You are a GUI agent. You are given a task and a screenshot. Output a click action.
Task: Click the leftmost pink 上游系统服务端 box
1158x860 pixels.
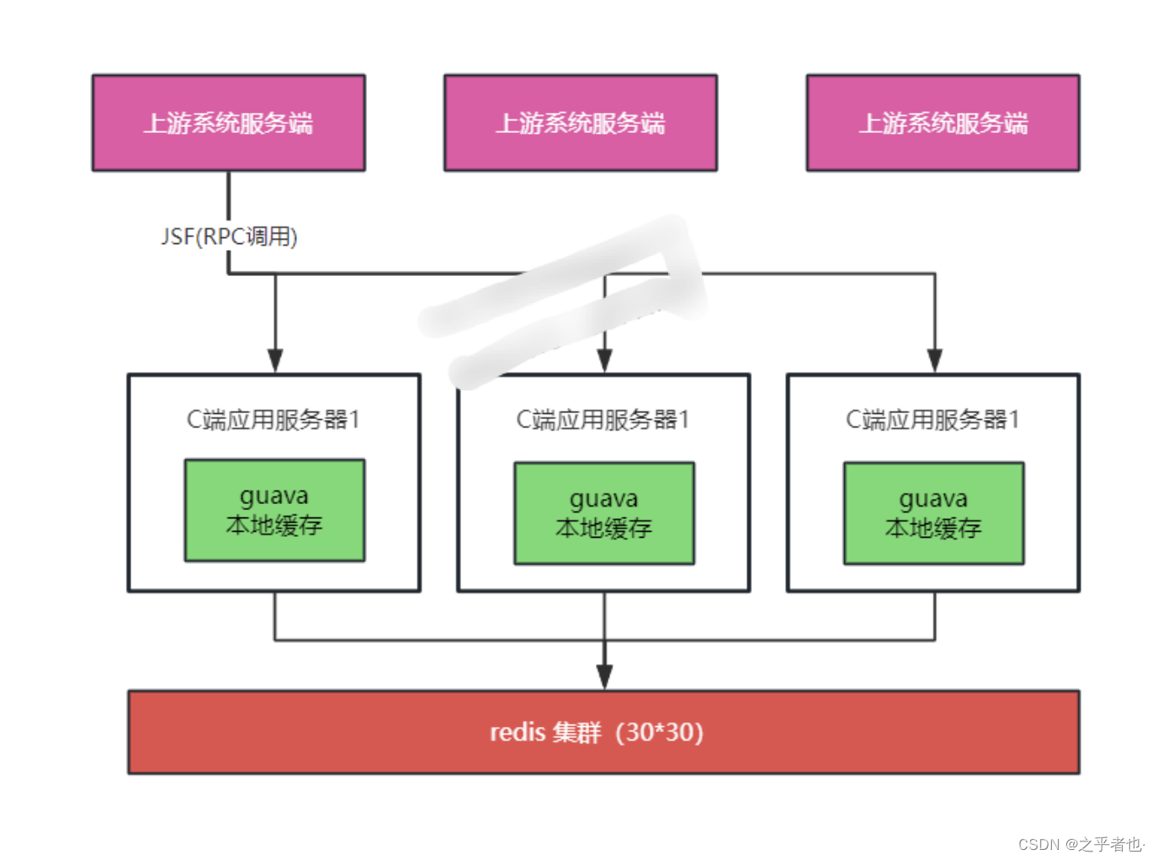click(228, 123)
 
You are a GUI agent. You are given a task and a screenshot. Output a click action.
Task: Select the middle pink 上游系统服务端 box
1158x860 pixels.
click(580, 123)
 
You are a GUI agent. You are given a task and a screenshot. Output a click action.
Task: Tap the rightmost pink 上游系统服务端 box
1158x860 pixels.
click(943, 123)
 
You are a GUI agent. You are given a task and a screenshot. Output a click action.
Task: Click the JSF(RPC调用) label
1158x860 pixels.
click(229, 236)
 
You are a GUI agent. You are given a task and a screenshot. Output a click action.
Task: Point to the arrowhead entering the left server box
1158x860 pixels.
click(275, 360)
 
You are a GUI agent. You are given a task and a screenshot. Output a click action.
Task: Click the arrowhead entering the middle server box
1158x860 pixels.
click(604, 360)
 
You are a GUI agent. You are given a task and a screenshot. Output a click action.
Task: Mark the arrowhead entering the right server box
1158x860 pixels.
click(934, 360)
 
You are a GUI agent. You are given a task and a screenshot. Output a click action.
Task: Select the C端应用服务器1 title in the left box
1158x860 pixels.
click(274, 419)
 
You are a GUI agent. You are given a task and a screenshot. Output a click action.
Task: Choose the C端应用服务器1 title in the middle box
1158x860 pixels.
click(603, 419)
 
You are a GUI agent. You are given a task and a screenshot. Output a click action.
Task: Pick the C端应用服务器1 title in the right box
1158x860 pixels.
click(932, 419)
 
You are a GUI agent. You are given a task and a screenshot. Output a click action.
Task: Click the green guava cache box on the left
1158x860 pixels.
click(274, 510)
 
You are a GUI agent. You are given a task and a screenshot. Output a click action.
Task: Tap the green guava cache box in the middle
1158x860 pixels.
click(604, 512)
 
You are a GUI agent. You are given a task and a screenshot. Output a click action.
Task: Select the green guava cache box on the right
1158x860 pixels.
click(934, 512)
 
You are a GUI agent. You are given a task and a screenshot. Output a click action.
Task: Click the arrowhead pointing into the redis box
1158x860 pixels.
click(604, 677)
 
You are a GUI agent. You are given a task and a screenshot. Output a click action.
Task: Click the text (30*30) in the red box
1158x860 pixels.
click(660, 732)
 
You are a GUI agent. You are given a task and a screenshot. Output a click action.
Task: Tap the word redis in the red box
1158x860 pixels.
click(518, 732)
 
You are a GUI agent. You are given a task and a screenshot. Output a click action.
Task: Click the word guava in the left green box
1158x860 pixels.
click(274, 496)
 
